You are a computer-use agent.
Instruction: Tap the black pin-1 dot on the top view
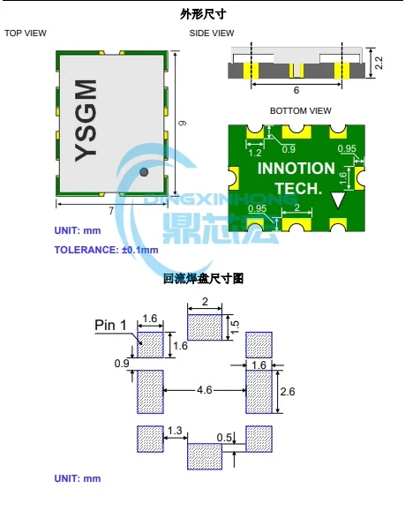pyautogui.click(x=143, y=177)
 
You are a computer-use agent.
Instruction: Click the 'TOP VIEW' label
pyautogui.click(x=26, y=34)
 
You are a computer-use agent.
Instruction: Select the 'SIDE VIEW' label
pyautogui.click(x=212, y=34)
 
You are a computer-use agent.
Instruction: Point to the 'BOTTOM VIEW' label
pyautogui.click(x=301, y=110)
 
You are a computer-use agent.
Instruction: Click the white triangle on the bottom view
pyautogui.click(x=337, y=201)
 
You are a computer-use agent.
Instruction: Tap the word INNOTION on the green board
pyautogui.click(x=296, y=168)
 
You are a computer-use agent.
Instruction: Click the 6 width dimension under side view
pyautogui.click(x=296, y=90)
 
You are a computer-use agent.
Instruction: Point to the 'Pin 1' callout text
pyautogui.click(x=112, y=325)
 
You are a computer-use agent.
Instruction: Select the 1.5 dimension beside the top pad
pyautogui.click(x=234, y=326)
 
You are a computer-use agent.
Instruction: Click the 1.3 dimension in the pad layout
pyautogui.click(x=175, y=429)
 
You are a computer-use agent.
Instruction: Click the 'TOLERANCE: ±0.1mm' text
pyautogui.click(x=107, y=250)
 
